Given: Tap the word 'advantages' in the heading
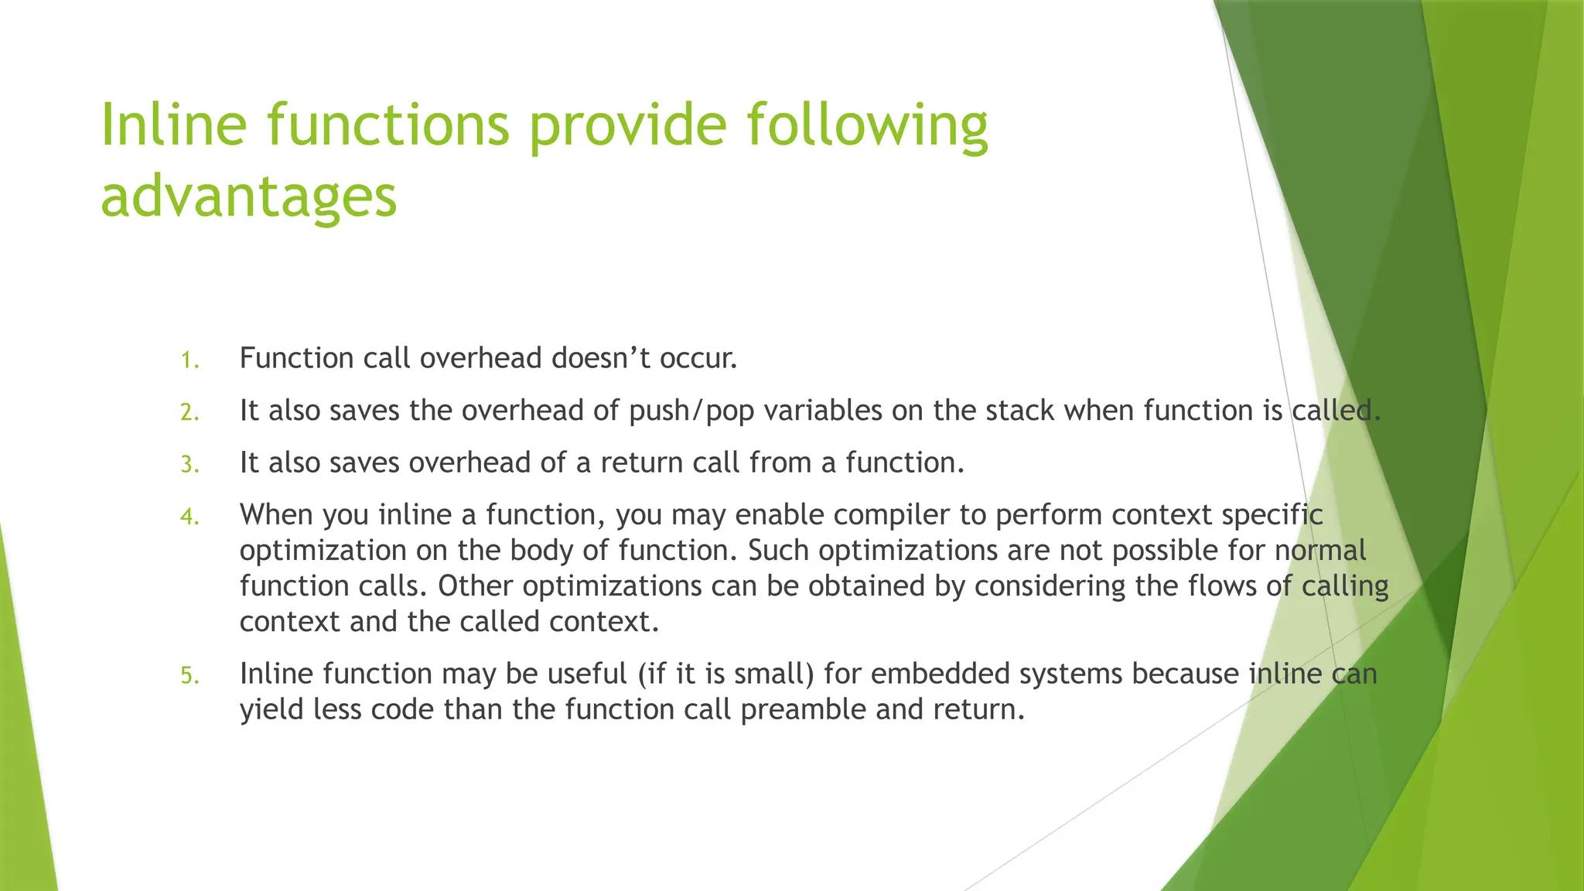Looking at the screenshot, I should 248,196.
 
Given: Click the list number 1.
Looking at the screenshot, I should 189,360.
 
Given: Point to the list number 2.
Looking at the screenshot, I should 189,413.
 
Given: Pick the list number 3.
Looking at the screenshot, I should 189,465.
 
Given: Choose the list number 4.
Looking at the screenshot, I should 189,517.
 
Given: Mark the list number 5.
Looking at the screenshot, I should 189,676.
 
